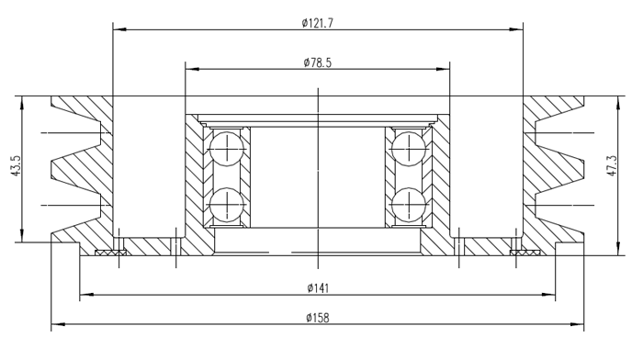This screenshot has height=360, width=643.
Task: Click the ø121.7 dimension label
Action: [x=318, y=23]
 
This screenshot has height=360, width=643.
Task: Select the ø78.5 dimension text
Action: [x=318, y=62]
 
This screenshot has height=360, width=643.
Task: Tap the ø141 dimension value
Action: [x=318, y=288]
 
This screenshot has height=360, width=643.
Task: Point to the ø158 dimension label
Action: [x=318, y=318]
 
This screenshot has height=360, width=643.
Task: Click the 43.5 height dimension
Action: [x=16, y=165]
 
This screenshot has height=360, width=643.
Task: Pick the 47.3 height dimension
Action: [x=612, y=165]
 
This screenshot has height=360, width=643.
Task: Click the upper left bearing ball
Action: [x=227, y=149]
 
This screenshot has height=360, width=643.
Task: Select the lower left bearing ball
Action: [x=227, y=205]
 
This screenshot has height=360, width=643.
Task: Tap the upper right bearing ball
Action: [x=409, y=149]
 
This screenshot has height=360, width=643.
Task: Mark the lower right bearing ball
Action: [x=409, y=205]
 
